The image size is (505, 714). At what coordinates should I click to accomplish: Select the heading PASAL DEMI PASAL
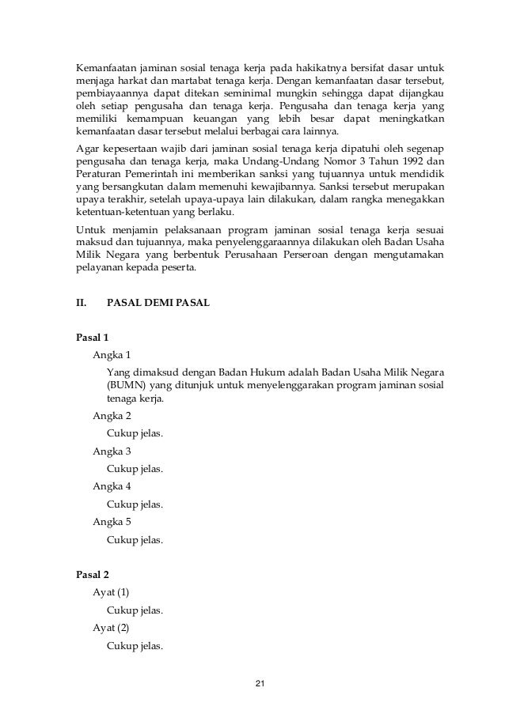(x=158, y=301)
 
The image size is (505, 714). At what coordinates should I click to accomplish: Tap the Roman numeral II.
(x=80, y=301)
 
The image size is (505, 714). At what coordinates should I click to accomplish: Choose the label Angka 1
(x=112, y=354)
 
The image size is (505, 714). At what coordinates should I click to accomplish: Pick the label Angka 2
(x=112, y=416)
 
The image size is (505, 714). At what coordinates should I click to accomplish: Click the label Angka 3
(x=112, y=451)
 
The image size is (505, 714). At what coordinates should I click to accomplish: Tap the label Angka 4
(x=112, y=487)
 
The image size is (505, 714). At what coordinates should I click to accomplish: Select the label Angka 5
(x=112, y=522)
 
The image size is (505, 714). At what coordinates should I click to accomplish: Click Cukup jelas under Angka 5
(x=135, y=541)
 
